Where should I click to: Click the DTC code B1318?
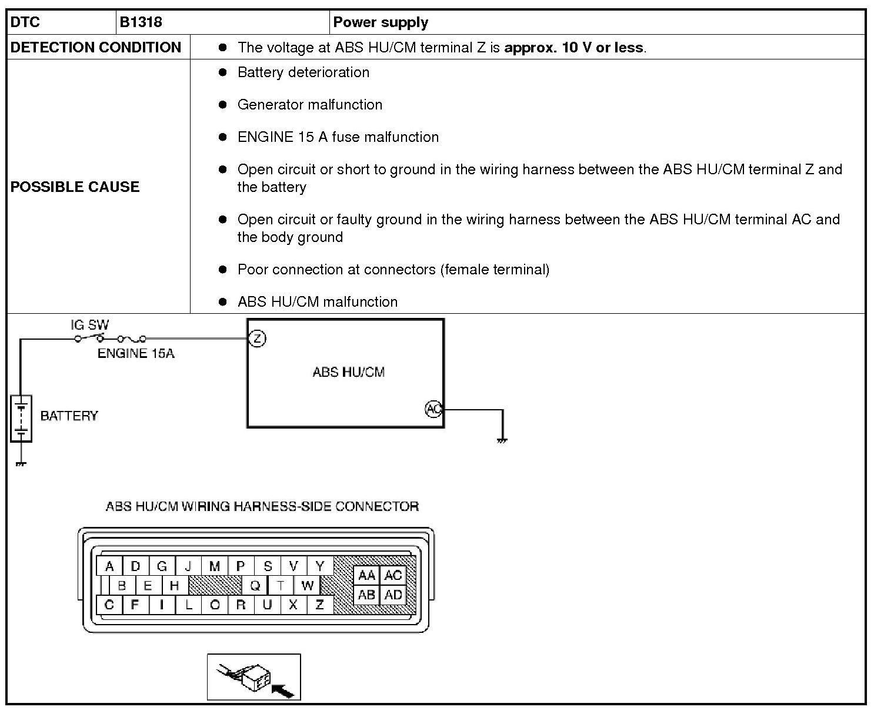tap(141, 22)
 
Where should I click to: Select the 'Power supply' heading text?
tap(381, 22)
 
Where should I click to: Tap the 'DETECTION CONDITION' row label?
tap(96, 47)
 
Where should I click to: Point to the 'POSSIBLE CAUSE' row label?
tap(75, 187)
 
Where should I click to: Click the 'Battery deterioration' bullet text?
tap(303, 72)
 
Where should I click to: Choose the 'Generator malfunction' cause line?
tap(309, 105)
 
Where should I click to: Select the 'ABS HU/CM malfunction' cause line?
tap(317, 302)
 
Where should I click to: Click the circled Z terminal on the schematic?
tap(257, 339)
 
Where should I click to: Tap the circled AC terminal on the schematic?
tap(433, 409)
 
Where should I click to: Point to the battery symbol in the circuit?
tap(21, 419)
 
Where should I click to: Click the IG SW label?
tap(90, 324)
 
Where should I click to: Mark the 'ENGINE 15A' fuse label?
tap(136, 353)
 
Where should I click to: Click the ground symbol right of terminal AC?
tap(502, 439)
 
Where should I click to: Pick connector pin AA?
tap(366, 575)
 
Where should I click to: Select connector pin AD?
tap(393, 595)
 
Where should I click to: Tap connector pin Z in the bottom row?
tap(319, 605)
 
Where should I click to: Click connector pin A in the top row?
tap(109, 566)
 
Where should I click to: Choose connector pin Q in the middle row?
tap(255, 585)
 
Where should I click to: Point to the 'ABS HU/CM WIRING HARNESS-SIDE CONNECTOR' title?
tap(262, 506)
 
